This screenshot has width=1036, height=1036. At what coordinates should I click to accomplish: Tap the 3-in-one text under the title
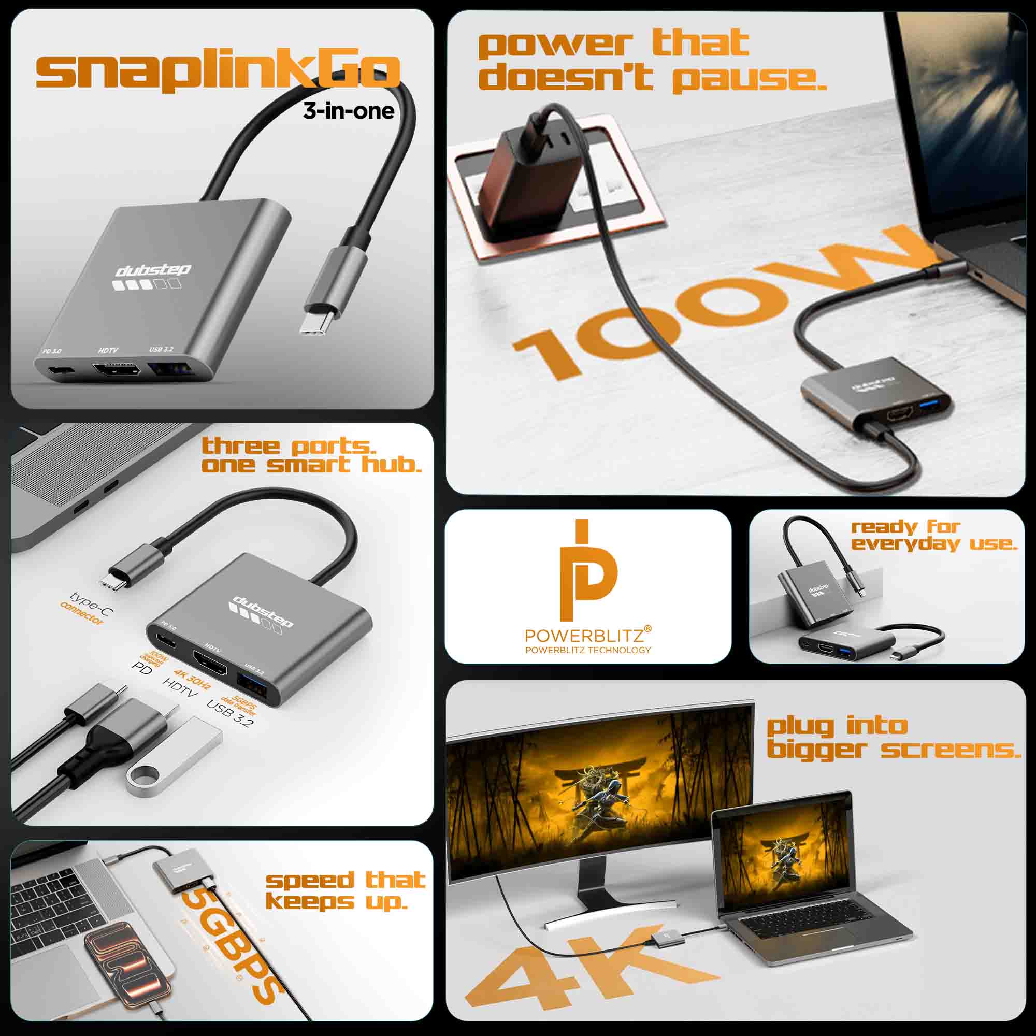349,111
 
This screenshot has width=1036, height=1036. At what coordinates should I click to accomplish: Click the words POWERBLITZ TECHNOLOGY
588,651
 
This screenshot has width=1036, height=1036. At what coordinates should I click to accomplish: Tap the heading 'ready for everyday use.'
933,535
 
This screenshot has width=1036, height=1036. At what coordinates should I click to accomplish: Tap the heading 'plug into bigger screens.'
893,738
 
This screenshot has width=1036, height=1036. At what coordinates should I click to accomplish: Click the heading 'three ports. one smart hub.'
311,455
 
